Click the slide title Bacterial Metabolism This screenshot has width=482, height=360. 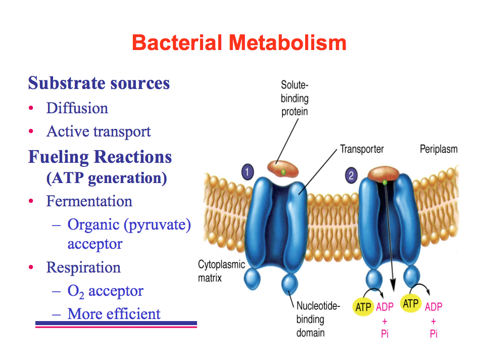tap(239, 43)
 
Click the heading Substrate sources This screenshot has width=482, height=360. tap(99, 83)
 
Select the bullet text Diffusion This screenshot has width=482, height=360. tap(77, 108)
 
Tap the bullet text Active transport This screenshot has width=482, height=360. tap(99, 131)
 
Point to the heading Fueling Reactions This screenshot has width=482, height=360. tap(100, 157)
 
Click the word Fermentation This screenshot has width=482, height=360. tap(89, 201)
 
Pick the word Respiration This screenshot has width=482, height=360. tap(83, 267)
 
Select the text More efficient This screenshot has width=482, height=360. tap(114, 314)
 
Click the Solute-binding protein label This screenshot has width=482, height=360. tap(295, 98)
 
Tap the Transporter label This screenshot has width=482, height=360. tap(361, 149)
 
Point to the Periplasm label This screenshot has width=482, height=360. tap(439, 149)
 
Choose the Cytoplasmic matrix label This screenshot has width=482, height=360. tap(221, 271)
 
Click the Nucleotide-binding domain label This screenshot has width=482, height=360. tap(318, 319)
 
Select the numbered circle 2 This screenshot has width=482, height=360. tap(351, 176)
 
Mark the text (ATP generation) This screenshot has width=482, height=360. tap(107, 178)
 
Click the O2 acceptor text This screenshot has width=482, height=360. tap(105, 291)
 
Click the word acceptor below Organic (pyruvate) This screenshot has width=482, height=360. tap(95, 244)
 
